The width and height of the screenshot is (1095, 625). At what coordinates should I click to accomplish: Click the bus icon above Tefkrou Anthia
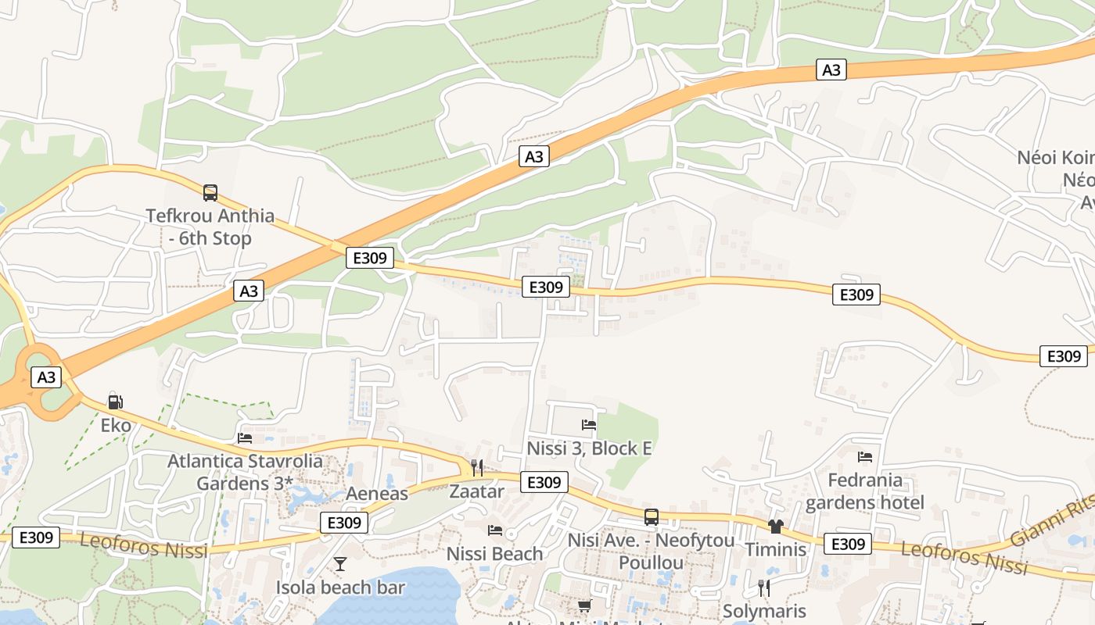tap(210, 192)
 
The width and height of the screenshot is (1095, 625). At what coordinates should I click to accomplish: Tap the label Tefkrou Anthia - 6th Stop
tap(210, 227)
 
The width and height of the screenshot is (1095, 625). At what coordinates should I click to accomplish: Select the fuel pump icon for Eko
tap(115, 402)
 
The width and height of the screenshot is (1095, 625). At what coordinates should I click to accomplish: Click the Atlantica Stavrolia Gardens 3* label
tap(245, 472)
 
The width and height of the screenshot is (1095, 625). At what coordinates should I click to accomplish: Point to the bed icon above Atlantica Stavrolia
tap(245, 437)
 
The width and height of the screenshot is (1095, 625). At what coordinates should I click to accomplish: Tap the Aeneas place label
tap(377, 494)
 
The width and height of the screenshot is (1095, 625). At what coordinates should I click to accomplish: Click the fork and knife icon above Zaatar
tap(476, 468)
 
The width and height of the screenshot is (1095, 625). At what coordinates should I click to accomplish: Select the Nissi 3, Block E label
tap(589, 448)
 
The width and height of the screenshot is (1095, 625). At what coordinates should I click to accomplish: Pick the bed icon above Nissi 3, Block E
tap(589, 424)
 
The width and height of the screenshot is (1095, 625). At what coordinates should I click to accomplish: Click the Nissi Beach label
tap(494, 554)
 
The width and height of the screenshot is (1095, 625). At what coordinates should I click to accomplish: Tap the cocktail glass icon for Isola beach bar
tap(340, 563)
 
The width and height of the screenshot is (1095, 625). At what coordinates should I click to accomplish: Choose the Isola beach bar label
tap(340, 587)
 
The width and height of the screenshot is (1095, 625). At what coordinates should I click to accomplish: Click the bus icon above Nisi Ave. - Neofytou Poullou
tap(651, 516)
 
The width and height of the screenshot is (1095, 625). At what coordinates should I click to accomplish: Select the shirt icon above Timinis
tap(775, 526)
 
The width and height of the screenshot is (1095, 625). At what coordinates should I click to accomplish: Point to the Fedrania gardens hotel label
tap(864, 491)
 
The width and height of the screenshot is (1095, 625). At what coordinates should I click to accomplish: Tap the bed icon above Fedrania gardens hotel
tap(864, 456)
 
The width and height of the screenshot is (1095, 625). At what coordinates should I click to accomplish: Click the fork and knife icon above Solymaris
tap(764, 587)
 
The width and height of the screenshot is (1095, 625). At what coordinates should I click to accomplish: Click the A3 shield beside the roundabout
tap(46, 377)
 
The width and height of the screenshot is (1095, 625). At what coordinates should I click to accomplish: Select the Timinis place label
tap(775, 549)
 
